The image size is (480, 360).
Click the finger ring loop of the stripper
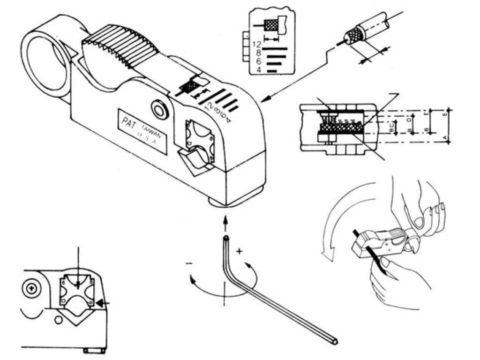coord(45,60)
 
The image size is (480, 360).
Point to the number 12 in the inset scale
coord(256,45)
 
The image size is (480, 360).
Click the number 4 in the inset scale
coord(258,70)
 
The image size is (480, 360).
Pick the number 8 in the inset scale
coord(258,53)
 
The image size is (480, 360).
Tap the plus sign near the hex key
coord(240,252)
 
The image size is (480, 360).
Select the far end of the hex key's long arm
coord(334,341)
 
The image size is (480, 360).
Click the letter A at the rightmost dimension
coord(445,137)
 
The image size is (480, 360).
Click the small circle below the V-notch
coord(58,321)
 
